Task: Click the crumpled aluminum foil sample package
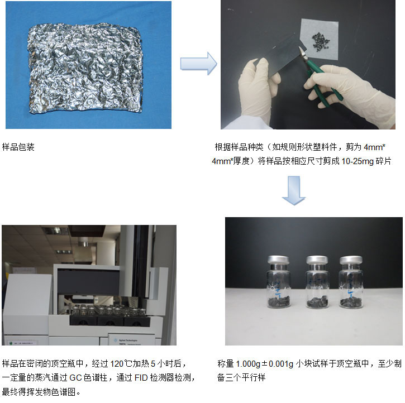[85, 68]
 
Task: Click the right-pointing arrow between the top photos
[199, 64]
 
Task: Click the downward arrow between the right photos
[294, 191]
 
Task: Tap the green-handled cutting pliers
[320, 77]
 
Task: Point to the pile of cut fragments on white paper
[321, 41]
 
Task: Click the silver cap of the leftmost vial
[278, 260]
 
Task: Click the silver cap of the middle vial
[317, 260]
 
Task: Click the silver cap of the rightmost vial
[351, 260]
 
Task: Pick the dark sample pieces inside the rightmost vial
[351, 303]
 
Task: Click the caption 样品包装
[18, 147]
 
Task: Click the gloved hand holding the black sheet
[258, 90]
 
